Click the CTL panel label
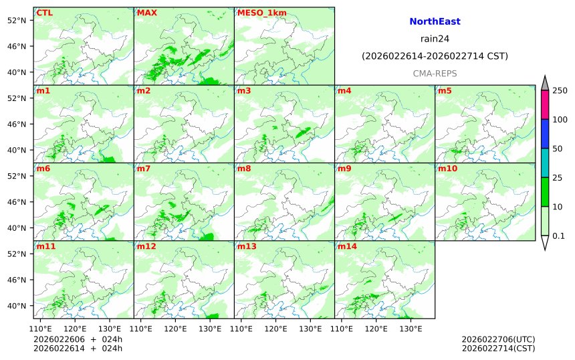pos(44,13)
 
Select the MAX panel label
pos(146,13)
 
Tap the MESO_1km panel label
pos(258,13)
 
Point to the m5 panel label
pos(445,90)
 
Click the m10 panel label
pos(447,169)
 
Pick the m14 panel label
pos(347,247)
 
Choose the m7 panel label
pos(144,169)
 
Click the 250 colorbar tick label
pos(560,90)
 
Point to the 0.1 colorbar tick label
pos(558,236)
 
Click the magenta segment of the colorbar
pos(545,105)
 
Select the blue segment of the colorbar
pos(545,134)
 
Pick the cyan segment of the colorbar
pos(545,163)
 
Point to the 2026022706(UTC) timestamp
pos(498,339)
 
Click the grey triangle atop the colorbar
pos(545,83)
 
